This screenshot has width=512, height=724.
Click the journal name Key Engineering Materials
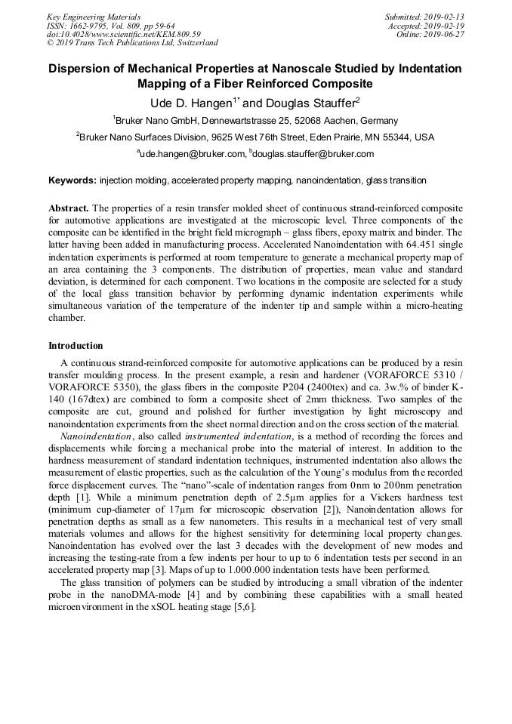coord(93,17)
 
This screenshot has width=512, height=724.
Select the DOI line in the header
coord(123,35)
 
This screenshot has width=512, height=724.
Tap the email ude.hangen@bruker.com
coord(193,154)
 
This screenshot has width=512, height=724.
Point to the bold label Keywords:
coord(72,181)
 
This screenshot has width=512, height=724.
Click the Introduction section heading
coord(76,346)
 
